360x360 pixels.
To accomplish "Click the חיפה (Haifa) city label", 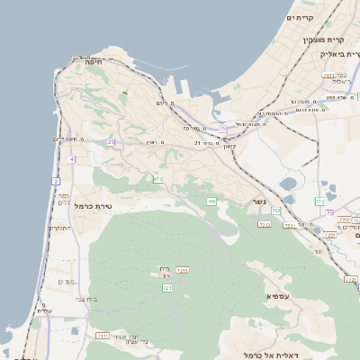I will [93, 62].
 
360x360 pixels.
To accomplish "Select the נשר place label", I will [259, 202].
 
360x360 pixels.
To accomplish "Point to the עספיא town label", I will [277, 295].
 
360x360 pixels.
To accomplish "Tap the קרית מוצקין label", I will [325, 40].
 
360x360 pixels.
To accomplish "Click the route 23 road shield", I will [112, 142].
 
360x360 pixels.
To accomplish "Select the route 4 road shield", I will [71, 159].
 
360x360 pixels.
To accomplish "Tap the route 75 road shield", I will [222, 129].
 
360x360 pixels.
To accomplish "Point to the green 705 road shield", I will [211, 201].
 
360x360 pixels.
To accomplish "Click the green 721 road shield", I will [166, 287].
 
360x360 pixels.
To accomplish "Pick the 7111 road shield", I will [103, 335].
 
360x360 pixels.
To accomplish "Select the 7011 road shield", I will [329, 76].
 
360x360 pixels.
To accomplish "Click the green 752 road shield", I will [276, 211].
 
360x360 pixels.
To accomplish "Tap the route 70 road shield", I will [329, 213].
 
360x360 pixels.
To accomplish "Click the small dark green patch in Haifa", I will [124, 92].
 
